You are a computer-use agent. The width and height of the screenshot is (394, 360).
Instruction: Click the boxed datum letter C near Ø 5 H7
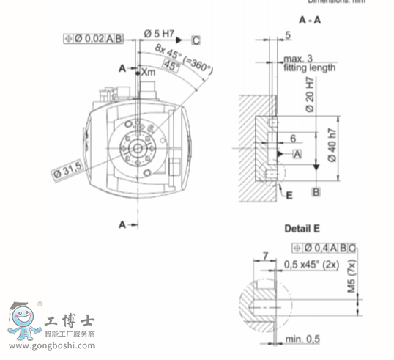(x=196, y=39)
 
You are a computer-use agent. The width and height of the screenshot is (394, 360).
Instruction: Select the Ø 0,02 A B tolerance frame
(x=94, y=38)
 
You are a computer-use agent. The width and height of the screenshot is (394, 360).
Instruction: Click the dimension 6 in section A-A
(x=293, y=138)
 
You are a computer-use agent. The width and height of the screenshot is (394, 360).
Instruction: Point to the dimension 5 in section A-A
(x=287, y=34)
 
